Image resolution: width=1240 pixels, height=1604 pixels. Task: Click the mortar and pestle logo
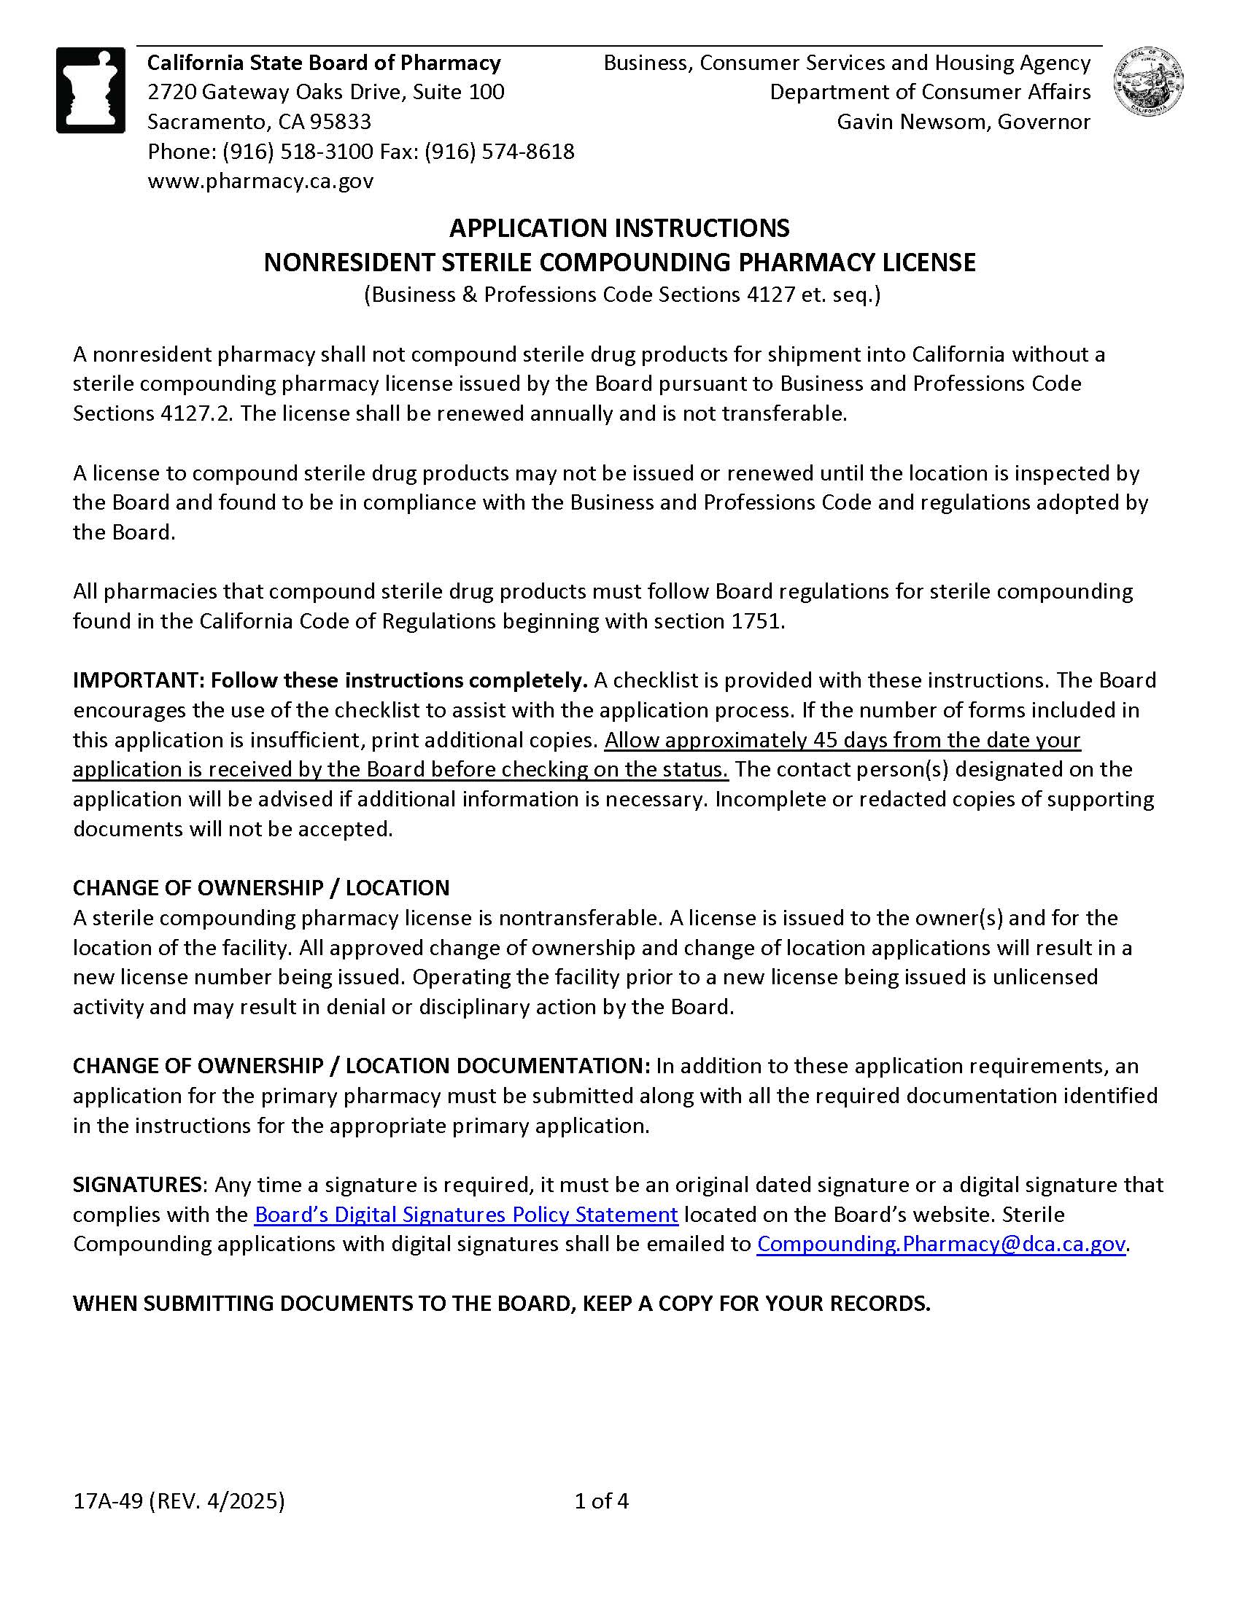[x=91, y=90]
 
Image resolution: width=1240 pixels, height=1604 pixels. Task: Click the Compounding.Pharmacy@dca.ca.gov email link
[x=941, y=1243]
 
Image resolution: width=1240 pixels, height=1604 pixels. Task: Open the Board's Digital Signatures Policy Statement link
[x=466, y=1214]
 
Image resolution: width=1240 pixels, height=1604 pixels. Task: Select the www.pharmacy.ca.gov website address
[x=261, y=181]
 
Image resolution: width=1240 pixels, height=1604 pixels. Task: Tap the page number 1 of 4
[x=602, y=1500]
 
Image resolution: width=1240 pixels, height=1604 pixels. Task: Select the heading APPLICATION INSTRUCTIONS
[x=619, y=227]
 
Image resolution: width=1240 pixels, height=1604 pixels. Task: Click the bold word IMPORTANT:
[x=139, y=680]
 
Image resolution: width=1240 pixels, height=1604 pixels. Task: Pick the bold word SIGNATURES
[x=137, y=1185]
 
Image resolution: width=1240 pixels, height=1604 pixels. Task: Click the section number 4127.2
[x=197, y=413]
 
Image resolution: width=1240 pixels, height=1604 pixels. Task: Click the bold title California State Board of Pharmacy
[x=324, y=63]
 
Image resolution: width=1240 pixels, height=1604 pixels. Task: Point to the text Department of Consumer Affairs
[x=930, y=93]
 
